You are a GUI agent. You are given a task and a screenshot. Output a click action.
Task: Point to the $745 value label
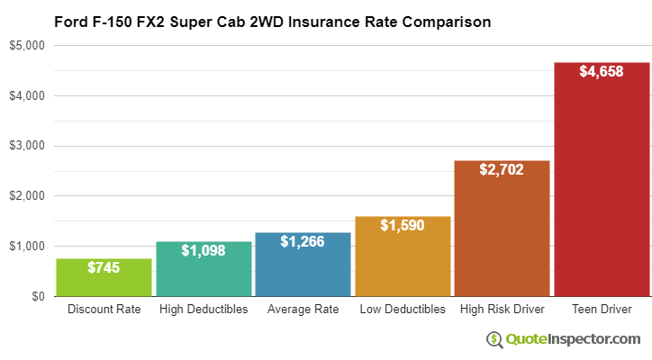pyautogui.click(x=104, y=267)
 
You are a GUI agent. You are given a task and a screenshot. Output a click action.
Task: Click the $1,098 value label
pyautogui.click(x=204, y=250)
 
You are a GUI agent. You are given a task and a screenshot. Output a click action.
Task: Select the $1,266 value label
pyautogui.click(x=303, y=241)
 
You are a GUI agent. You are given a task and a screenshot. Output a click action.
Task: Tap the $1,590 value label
pyautogui.click(x=403, y=225)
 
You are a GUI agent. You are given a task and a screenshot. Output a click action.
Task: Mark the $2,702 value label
pyautogui.click(x=502, y=169)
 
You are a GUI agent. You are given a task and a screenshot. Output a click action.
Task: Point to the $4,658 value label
pyautogui.click(x=602, y=71)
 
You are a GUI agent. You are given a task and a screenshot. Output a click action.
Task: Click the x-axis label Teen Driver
pyautogui.click(x=602, y=310)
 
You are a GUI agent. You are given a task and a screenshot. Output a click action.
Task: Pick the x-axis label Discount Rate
pyautogui.click(x=104, y=310)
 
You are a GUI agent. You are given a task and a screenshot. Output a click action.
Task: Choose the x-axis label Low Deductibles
pyautogui.click(x=403, y=310)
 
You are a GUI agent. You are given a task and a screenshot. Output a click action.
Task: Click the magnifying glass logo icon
pyautogui.click(x=494, y=339)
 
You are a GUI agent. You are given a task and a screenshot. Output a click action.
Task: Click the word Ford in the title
pyautogui.click(x=72, y=21)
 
